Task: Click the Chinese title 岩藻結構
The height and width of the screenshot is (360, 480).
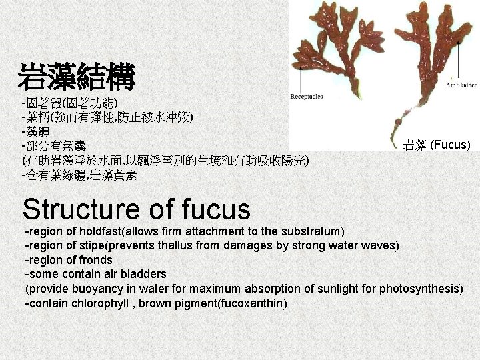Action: point(77,77)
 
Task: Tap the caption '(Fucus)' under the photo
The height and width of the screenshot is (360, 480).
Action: point(450,145)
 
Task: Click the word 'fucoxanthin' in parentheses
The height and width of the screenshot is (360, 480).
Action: point(253,303)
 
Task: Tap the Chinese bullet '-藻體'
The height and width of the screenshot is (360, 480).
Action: point(39,131)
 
